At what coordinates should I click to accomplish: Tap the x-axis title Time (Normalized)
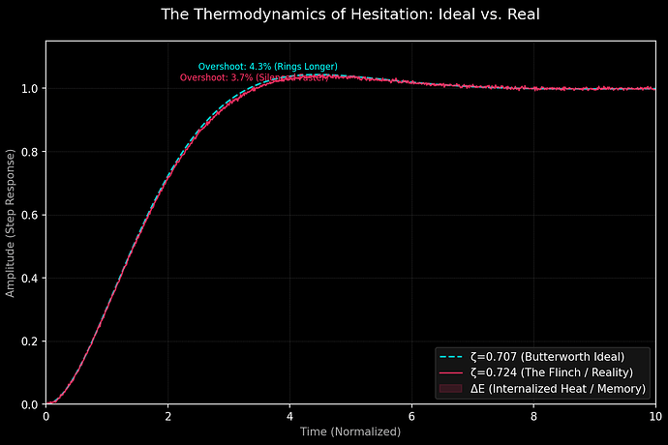pyautogui.click(x=349, y=431)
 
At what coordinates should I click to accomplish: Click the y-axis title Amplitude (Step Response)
pyautogui.click(x=11, y=222)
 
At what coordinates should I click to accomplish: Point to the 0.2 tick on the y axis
pyautogui.click(x=30, y=341)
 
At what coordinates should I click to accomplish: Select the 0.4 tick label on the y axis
pyautogui.click(x=30, y=279)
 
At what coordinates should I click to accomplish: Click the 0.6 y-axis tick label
pyautogui.click(x=30, y=215)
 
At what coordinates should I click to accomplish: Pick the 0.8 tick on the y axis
pyautogui.click(x=30, y=152)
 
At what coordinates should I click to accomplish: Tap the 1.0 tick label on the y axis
pyautogui.click(x=30, y=89)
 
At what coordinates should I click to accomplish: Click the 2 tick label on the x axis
pyautogui.click(x=167, y=416)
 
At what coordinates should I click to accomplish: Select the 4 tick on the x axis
pyautogui.click(x=289, y=416)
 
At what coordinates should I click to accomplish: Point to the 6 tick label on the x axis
pyautogui.click(x=411, y=416)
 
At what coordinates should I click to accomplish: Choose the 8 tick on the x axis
pyautogui.click(x=533, y=416)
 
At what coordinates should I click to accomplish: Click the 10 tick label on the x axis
pyautogui.click(x=654, y=416)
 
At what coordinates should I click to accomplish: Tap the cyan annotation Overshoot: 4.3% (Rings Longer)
pyautogui.click(x=267, y=66)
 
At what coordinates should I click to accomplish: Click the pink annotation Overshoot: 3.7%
pyautogui.click(x=246, y=76)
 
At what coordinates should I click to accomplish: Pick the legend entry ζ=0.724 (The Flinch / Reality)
pyautogui.click(x=551, y=372)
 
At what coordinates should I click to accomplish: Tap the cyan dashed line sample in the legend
pyautogui.click(x=450, y=356)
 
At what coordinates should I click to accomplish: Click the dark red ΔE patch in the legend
pyautogui.click(x=450, y=388)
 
